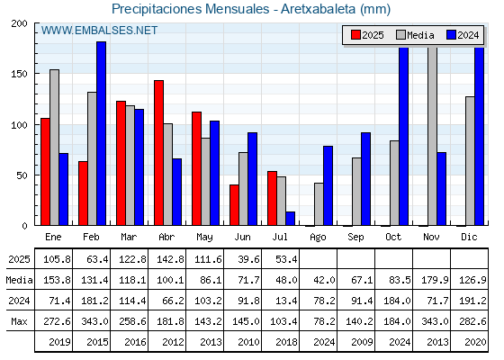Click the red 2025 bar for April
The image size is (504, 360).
158,153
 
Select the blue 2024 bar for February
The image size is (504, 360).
101,133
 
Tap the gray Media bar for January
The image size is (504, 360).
54,148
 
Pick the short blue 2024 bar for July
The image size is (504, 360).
290,218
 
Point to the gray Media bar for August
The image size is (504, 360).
319,204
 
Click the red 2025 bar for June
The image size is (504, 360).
234,205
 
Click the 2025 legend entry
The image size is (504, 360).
367,35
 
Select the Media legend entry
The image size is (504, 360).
415,35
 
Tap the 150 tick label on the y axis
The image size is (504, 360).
19,74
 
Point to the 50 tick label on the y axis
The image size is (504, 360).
22,175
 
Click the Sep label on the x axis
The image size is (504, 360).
355,238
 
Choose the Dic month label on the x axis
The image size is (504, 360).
469,237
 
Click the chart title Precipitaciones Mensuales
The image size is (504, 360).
190,9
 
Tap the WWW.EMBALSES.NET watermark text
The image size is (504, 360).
99,31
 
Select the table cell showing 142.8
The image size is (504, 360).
170,259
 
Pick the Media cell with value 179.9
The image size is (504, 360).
435,280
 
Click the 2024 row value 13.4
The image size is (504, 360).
286,301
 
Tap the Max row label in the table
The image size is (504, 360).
19,321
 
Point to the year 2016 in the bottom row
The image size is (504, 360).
135,342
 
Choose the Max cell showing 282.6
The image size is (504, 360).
472,321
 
